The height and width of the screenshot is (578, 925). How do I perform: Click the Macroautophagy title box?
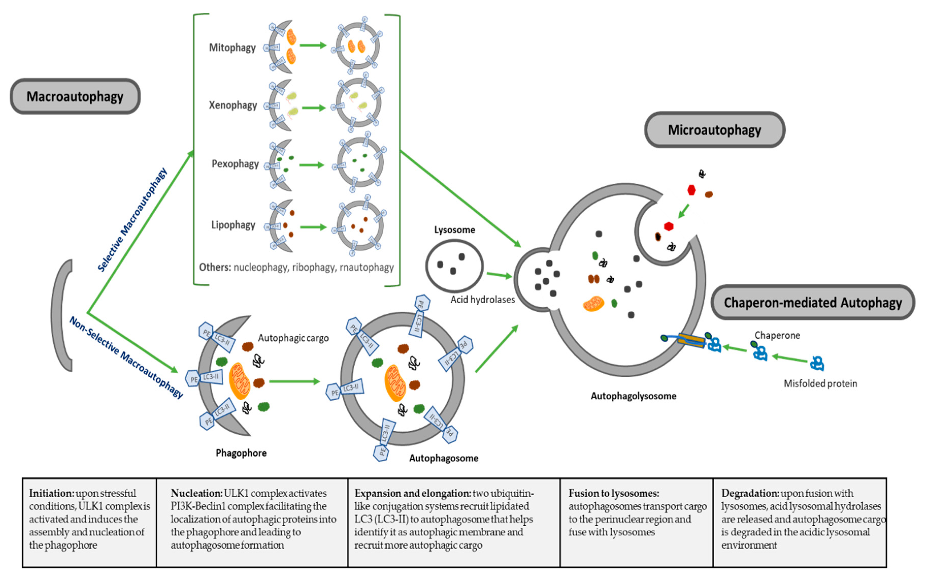coord(75,96)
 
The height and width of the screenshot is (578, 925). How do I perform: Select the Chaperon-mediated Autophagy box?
coord(812,302)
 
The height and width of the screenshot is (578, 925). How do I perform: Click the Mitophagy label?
coord(232,48)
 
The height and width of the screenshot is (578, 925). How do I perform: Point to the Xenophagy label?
coord(233,105)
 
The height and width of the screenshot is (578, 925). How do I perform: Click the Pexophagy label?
coord(235,164)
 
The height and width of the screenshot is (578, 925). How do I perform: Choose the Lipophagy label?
coord(233,224)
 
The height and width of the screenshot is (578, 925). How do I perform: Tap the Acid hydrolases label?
coord(482,300)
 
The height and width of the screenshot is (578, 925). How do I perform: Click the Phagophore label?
coord(241,453)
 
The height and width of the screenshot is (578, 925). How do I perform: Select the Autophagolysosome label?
coord(633,396)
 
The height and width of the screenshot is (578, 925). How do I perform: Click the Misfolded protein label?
coord(820,383)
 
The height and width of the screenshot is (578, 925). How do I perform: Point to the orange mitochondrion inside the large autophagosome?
coord(395,383)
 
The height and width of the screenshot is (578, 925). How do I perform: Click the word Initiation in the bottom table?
coord(51,493)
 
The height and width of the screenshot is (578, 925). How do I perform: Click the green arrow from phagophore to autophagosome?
coord(294,381)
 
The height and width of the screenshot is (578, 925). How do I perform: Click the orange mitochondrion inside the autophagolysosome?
coord(593,304)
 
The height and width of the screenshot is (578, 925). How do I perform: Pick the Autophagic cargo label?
coord(293,338)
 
